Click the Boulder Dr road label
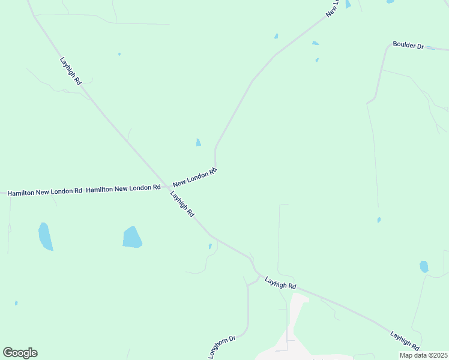tap(408, 46)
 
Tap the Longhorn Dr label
tap(222, 347)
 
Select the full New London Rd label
tap(194, 178)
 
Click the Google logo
tap(20, 353)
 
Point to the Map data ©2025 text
tap(423, 355)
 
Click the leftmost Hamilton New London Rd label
tap(44, 192)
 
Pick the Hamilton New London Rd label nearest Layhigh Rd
tap(123, 188)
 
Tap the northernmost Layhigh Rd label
tap(70, 71)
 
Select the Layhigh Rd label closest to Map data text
tap(404, 340)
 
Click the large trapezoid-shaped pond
tap(132, 237)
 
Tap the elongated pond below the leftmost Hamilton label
tap(46, 236)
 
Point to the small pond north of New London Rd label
tap(198, 142)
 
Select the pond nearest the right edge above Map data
tap(424, 266)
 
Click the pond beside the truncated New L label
tap(348, 4)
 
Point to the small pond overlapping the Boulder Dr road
tap(431, 48)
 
